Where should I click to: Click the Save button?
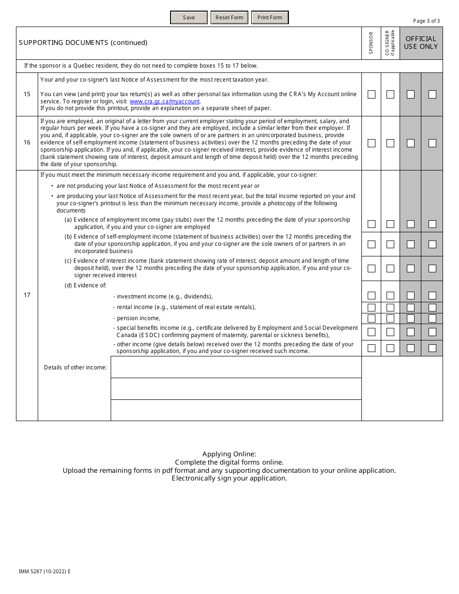tap(189, 17)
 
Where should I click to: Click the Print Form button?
tap(270, 17)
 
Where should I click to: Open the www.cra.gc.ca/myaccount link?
tap(165, 101)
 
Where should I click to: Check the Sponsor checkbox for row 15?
tap(371, 94)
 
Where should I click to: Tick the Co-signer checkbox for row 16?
tap(390, 143)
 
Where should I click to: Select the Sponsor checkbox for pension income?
tap(371, 318)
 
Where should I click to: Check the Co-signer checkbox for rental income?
tap(390, 307)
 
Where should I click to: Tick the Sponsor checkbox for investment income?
tap(371, 296)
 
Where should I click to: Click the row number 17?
tap(27, 295)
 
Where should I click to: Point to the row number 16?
tap(27, 142)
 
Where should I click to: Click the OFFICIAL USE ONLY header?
tap(421, 42)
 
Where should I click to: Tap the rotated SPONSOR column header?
tap(371, 42)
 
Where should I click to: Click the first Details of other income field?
tap(236, 367)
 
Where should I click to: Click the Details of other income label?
tap(75, 368)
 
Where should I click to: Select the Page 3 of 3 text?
tap(426, 21)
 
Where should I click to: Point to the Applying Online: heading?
tap(229, 454)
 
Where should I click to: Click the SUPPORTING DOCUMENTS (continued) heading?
tap(83, 42)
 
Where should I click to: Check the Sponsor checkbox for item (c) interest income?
tap(371, 268)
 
